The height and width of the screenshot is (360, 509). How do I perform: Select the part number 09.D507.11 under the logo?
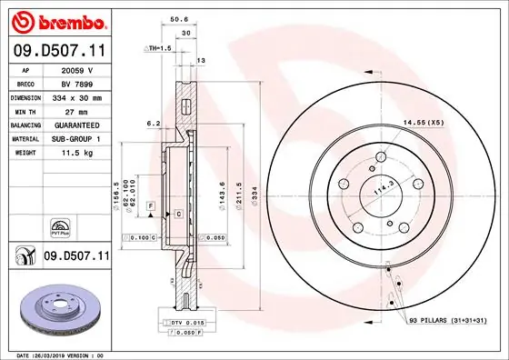click(x=56, y=51)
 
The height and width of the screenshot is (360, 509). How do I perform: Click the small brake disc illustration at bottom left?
click(x=56, y=305)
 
